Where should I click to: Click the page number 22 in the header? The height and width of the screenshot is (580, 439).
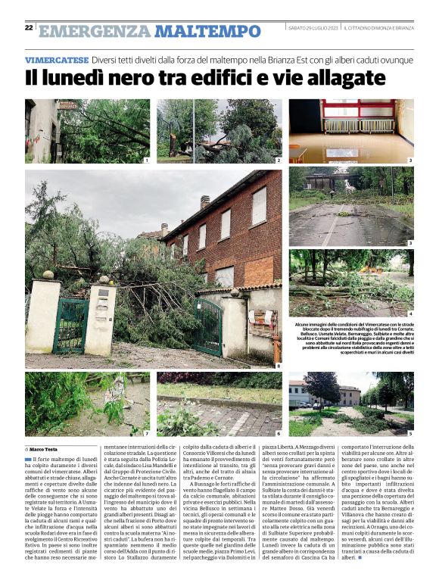29,28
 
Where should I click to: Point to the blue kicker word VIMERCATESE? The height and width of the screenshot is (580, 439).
56,59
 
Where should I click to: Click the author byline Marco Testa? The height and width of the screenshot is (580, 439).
48,448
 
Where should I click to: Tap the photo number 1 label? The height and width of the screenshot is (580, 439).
146,161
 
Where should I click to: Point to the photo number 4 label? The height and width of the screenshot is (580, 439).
410,313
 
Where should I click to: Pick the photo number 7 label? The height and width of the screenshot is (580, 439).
146,432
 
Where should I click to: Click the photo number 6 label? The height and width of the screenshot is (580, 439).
278,432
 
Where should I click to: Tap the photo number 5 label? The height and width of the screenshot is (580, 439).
410,432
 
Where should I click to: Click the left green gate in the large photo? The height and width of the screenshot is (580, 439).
70,325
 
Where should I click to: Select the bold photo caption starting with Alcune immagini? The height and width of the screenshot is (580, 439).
350,337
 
